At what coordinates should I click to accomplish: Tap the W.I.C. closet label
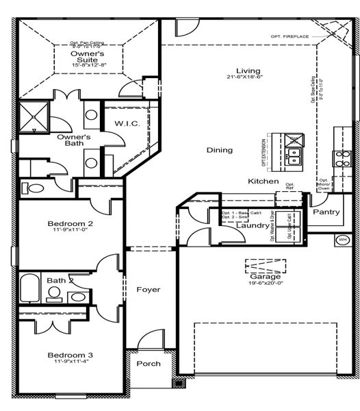pos(128,123)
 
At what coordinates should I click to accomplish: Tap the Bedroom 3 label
pos(70,355)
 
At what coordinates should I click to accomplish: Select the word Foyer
pos(148,290)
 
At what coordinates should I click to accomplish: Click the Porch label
pos(148,364)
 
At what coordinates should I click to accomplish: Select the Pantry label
pos(326,212)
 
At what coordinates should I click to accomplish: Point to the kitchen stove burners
pos(342,158)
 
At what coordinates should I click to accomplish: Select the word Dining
pos(220,150)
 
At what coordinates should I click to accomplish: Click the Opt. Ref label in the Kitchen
pos(290,186)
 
